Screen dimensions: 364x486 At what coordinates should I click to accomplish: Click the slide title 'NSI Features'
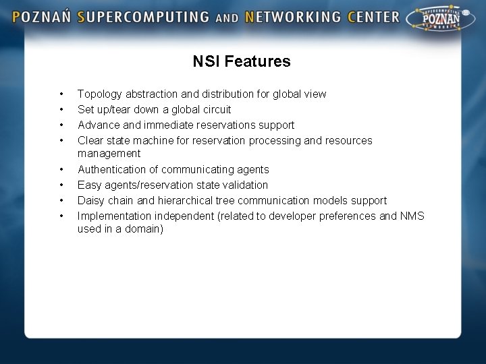242,61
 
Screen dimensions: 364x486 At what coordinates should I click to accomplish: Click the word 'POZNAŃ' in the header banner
42,17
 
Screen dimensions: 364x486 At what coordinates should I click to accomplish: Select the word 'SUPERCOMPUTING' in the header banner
144,17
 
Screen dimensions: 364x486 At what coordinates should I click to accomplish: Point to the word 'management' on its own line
109,154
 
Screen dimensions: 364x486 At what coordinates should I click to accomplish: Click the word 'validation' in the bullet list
244,185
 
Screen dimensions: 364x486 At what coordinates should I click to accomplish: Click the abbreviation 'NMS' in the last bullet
412,216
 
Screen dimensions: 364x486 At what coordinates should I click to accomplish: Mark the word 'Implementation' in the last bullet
115,216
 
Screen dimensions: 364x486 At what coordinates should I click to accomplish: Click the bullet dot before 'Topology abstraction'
61,94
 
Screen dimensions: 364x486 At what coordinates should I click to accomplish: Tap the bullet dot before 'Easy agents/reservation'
61,185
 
